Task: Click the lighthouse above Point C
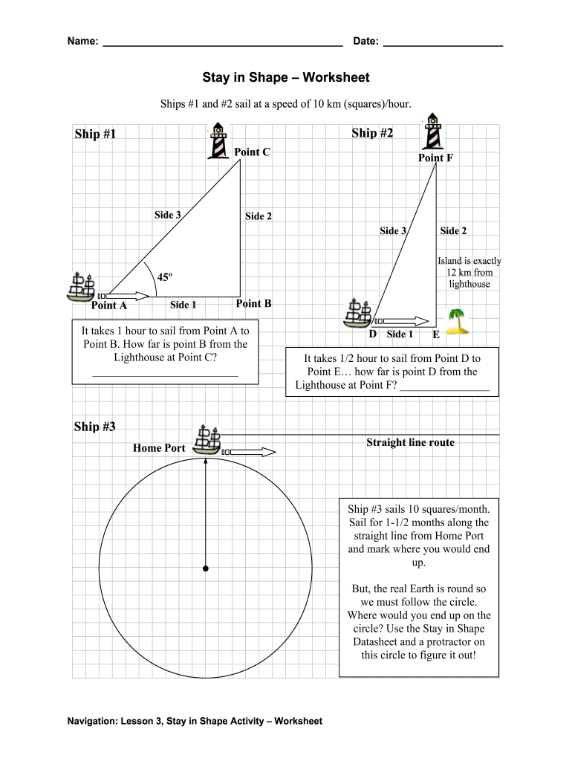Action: click(x=218, y=140)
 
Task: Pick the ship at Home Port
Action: click(x=207, y=440)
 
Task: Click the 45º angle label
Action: click(x=164, y=277)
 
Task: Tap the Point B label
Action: click(x=253, y=303)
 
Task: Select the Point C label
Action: click(x=252, y=152)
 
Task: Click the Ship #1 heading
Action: click(x=95, y=134)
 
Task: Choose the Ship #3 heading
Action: click(x=95, y=427)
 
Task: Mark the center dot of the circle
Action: click(x=205, y=569)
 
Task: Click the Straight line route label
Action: click(x=410, y=442)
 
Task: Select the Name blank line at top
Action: click(x=222, y=45)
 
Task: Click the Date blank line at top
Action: click(x=443, y=45)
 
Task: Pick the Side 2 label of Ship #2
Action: click(x=453, y=230)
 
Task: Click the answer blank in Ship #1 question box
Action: click(x=165, y=376)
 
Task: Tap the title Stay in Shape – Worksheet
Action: click(x=286, y=77)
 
